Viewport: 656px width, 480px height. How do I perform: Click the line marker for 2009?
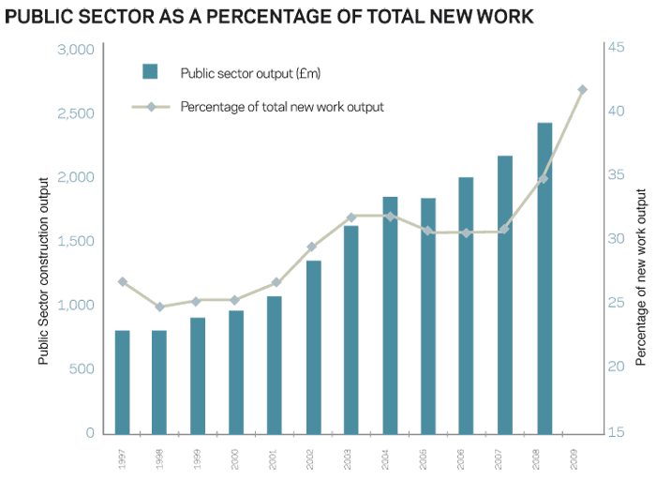point(582,90)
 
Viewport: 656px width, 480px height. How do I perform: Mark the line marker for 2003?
point(351,217)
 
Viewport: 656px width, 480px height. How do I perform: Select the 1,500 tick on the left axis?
point(77,241)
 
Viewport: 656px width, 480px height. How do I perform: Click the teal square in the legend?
point(150,71)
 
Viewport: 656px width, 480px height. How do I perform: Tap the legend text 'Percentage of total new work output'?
point(282,107)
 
